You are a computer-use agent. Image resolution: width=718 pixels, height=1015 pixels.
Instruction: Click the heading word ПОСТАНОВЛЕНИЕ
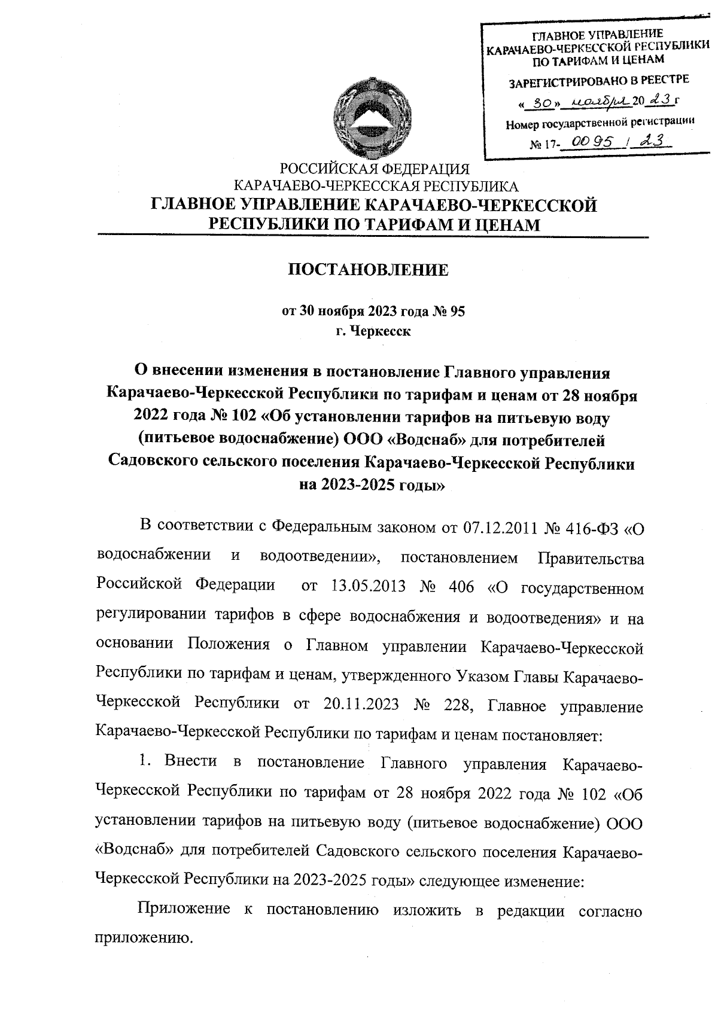[x=369, y=270]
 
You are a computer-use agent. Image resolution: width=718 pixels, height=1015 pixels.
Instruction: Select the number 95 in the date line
[x=456, y=311]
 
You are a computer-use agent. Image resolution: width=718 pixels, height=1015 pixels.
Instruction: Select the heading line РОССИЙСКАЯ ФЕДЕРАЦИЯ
[x=375, y=169]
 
